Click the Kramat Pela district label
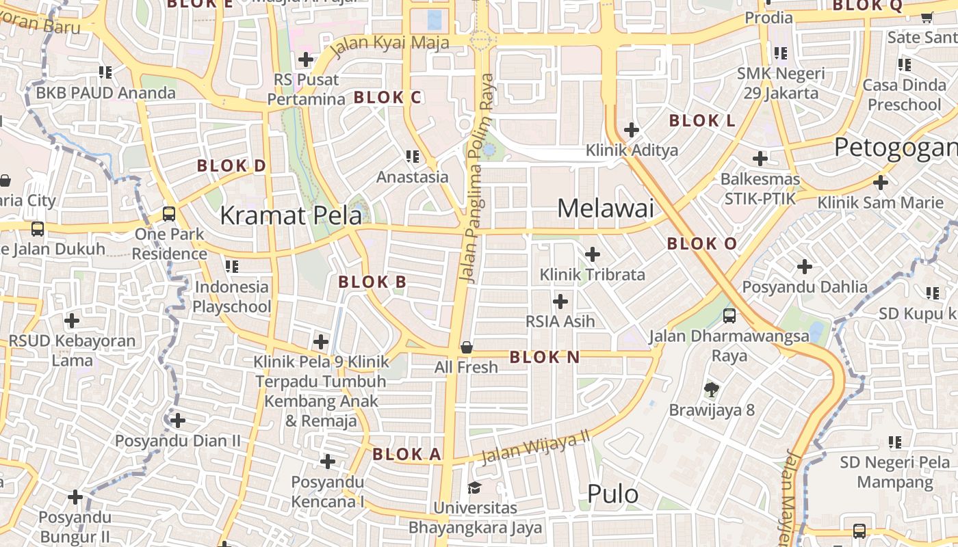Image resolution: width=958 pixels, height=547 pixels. [x=291, y=216]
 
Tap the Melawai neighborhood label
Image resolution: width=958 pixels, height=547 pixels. [x=606, y=208]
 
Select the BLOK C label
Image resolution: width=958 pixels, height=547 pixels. [x=387, y=98]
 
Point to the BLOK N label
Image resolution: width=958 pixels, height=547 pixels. [x=545, y=357]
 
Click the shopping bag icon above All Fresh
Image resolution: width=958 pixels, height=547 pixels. [x=467, y=347]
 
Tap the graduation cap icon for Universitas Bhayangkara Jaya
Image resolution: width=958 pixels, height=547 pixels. [x=474, y=488]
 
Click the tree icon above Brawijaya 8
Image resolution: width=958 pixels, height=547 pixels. [x=712, y=390]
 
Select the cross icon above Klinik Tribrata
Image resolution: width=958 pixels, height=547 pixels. [x=593, y=255]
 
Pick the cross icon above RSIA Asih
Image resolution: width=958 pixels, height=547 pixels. [x=560, y=301]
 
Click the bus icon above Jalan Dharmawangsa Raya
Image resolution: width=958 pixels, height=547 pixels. [x=729, y=315]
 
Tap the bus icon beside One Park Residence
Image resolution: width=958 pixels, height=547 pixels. [x=169, y=214]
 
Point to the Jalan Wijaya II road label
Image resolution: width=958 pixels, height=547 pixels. [x=535, y=448]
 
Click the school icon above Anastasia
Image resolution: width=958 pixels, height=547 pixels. [x=413, y=157]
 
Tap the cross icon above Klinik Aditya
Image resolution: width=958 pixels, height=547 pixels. [x=632, y=130]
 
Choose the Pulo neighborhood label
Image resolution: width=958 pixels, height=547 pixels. [x=612, y=494]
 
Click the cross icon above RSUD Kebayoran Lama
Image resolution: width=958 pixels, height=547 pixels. [x=72, y=320]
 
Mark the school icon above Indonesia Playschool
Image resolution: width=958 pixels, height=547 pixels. [x=232, y=266]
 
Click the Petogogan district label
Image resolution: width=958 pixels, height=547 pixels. [x=895, y=147]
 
